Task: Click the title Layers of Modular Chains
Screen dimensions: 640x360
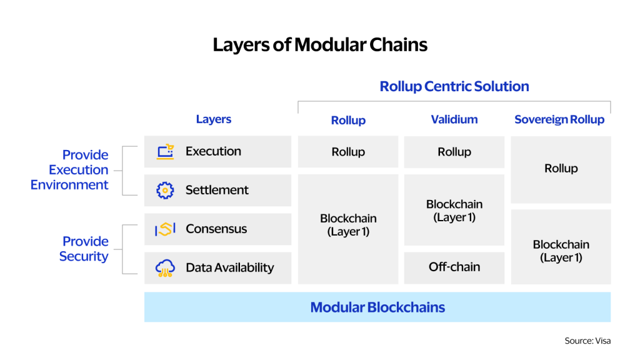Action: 320,45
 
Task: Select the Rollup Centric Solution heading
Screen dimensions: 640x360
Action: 454,86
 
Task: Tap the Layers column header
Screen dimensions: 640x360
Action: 214,119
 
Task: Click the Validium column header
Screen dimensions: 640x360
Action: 454,119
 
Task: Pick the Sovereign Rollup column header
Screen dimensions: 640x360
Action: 559,119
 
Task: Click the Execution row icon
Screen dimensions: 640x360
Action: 165,151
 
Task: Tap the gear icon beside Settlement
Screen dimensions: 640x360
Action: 165,190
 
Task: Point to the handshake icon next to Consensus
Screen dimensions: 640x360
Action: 165,229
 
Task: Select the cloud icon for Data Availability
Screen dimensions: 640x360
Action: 165,268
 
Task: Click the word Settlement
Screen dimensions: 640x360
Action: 217,190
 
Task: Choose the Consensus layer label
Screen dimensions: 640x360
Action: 216,229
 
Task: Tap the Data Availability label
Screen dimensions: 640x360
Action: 230,267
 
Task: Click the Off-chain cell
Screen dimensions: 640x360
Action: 454,267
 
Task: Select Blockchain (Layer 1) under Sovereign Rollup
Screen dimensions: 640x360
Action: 561,251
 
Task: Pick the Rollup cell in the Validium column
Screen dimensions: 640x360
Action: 454,152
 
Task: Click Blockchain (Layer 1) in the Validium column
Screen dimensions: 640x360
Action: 454,211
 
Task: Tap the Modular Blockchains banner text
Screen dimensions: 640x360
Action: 377,307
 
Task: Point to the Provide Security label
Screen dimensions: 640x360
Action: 84,249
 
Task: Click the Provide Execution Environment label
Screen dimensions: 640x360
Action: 69,170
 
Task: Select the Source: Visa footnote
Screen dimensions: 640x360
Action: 587,341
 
